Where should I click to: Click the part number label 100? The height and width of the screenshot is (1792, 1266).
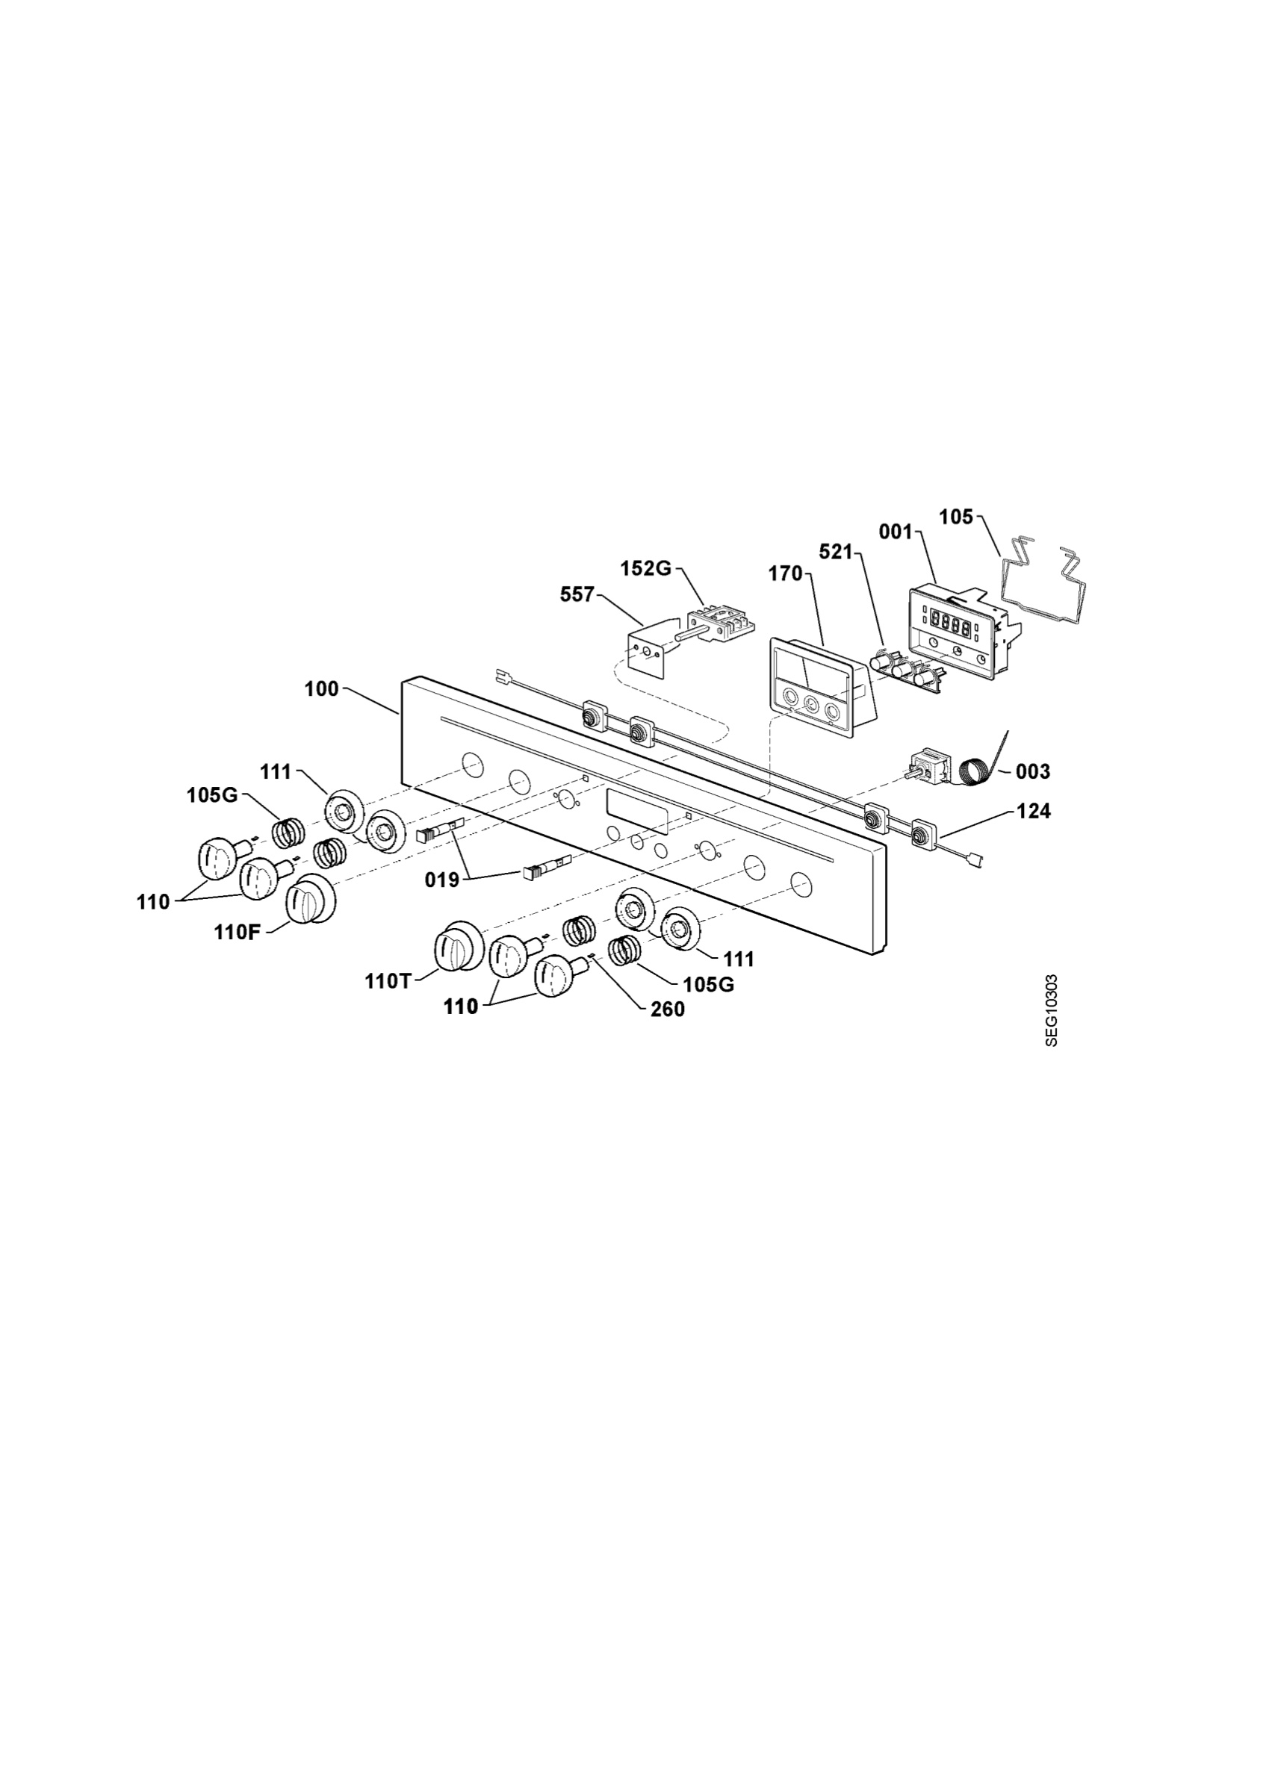pos(322,689)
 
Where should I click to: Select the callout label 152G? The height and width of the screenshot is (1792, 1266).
pos(646,568)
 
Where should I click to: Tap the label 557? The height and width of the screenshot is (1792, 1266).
pos(577,595)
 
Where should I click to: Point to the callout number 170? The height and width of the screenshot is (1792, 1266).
pos(785,573)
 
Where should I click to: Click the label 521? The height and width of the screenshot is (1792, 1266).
pos(836,552)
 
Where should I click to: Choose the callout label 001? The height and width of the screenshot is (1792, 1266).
pos(896,532)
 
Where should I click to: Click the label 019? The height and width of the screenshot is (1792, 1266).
pos(441,880)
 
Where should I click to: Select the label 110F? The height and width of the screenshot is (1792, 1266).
pos(238,933)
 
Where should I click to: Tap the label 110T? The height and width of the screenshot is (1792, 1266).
pos(387,982)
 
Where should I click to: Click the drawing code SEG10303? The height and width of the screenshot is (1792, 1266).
pos(1052,1010)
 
